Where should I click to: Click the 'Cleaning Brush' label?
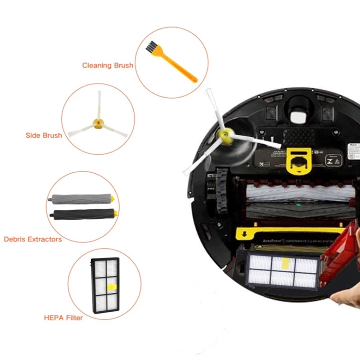[108, 65]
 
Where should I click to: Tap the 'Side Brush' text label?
[44, 135]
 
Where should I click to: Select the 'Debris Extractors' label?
[32, 239]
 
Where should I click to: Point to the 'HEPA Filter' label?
[63, 318]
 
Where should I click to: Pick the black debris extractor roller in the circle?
[83, 214]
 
